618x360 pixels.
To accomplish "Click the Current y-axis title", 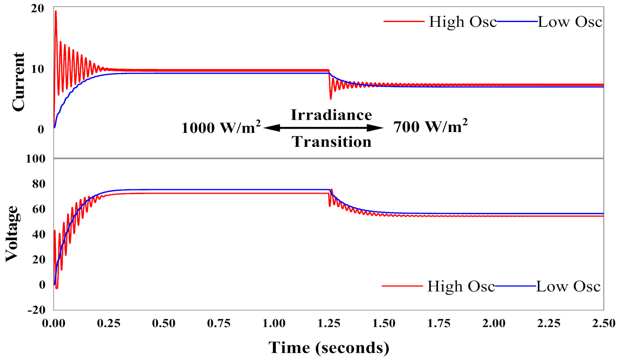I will pyautogui.click(x=18, y=82).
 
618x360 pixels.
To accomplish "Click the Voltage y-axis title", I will pyautogui.click(x=12, y=234).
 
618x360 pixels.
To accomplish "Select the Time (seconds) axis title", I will pyautogui.click(x=329, y=348).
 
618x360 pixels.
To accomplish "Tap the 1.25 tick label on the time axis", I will pyautogui.click(x=329, y=323).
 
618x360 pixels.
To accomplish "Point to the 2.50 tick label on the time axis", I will pyautogui.click(x=603, y=323).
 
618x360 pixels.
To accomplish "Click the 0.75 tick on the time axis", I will pyautogui.click(x=219, y=323).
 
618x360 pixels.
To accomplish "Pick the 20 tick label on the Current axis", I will pyautogui.click(x=37, y=8).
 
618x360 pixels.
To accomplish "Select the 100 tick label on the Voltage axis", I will pyautogui.click(x=35, y=159).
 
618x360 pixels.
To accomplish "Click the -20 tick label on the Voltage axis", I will pyautogui.click(x=36, y=310).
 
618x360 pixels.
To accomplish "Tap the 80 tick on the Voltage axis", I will pyautogui.click(x=39, y=184).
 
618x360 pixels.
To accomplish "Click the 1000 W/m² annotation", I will pyautogui.click(x=221, y=128).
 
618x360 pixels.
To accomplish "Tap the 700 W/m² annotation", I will pyautogui.click(x=430, y=127).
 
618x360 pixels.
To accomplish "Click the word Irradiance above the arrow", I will pyautogui.click(x=331, y=115).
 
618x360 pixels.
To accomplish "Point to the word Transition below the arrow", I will pyautogui.click(x=331, y=142).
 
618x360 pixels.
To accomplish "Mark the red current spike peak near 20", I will pyautogui.click(x=56, y=11).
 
